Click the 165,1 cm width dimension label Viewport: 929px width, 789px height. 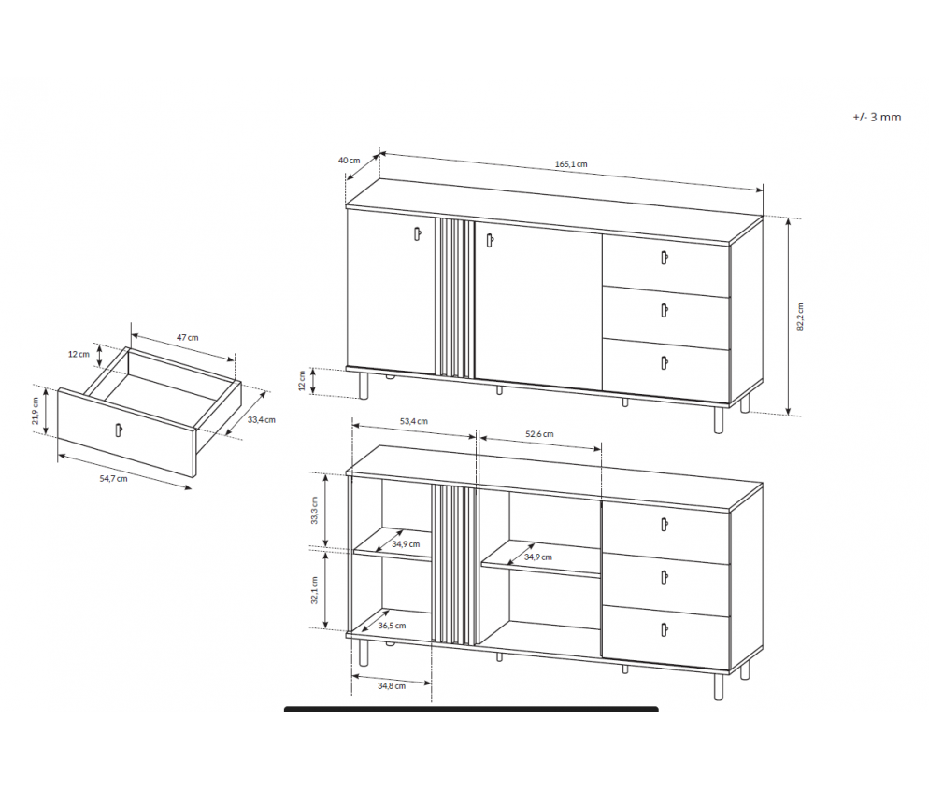571,164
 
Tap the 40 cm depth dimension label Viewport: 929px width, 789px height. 349,161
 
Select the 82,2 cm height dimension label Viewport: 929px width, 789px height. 800,317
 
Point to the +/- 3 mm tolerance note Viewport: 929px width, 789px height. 877,118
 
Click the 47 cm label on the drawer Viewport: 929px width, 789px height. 188,337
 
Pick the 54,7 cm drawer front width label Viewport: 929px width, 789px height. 113,478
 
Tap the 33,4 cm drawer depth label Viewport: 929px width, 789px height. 262,419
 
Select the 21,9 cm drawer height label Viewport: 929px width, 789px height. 36,411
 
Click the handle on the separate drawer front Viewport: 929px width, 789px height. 119,430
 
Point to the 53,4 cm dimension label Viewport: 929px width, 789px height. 413,421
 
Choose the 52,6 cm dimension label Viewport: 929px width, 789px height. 539,434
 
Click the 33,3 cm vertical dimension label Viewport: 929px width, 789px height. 315,510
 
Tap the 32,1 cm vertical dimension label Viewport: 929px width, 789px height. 315,590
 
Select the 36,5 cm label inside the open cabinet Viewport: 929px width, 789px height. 392,626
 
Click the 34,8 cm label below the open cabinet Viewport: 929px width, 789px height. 392,686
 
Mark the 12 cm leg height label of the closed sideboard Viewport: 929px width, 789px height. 302,381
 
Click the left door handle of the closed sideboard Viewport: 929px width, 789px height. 418,233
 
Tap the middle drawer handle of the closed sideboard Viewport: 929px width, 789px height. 665,310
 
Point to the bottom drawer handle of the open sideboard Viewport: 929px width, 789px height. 665,628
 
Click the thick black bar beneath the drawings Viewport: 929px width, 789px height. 471,709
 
